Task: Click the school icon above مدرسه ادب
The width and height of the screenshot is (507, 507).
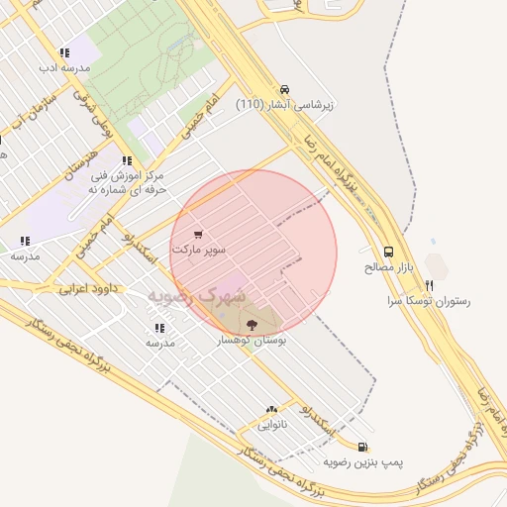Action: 64,53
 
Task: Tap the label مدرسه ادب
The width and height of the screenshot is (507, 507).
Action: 64,68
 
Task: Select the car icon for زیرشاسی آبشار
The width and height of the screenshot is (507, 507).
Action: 285,88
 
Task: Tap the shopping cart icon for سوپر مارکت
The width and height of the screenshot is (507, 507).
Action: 199,235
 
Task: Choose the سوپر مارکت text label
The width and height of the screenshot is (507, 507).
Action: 199,250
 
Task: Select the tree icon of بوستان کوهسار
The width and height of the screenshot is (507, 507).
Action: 249,324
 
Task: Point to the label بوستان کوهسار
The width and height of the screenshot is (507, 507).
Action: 252,340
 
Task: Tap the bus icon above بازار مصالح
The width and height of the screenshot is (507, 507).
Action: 388,253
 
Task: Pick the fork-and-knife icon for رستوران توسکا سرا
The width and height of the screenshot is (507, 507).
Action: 431,283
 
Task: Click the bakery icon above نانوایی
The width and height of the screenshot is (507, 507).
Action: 271,409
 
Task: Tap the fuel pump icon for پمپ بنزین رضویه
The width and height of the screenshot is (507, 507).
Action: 363,447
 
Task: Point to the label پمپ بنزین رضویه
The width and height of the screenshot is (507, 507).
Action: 363,461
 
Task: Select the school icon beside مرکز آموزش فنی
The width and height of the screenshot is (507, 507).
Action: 126,160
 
